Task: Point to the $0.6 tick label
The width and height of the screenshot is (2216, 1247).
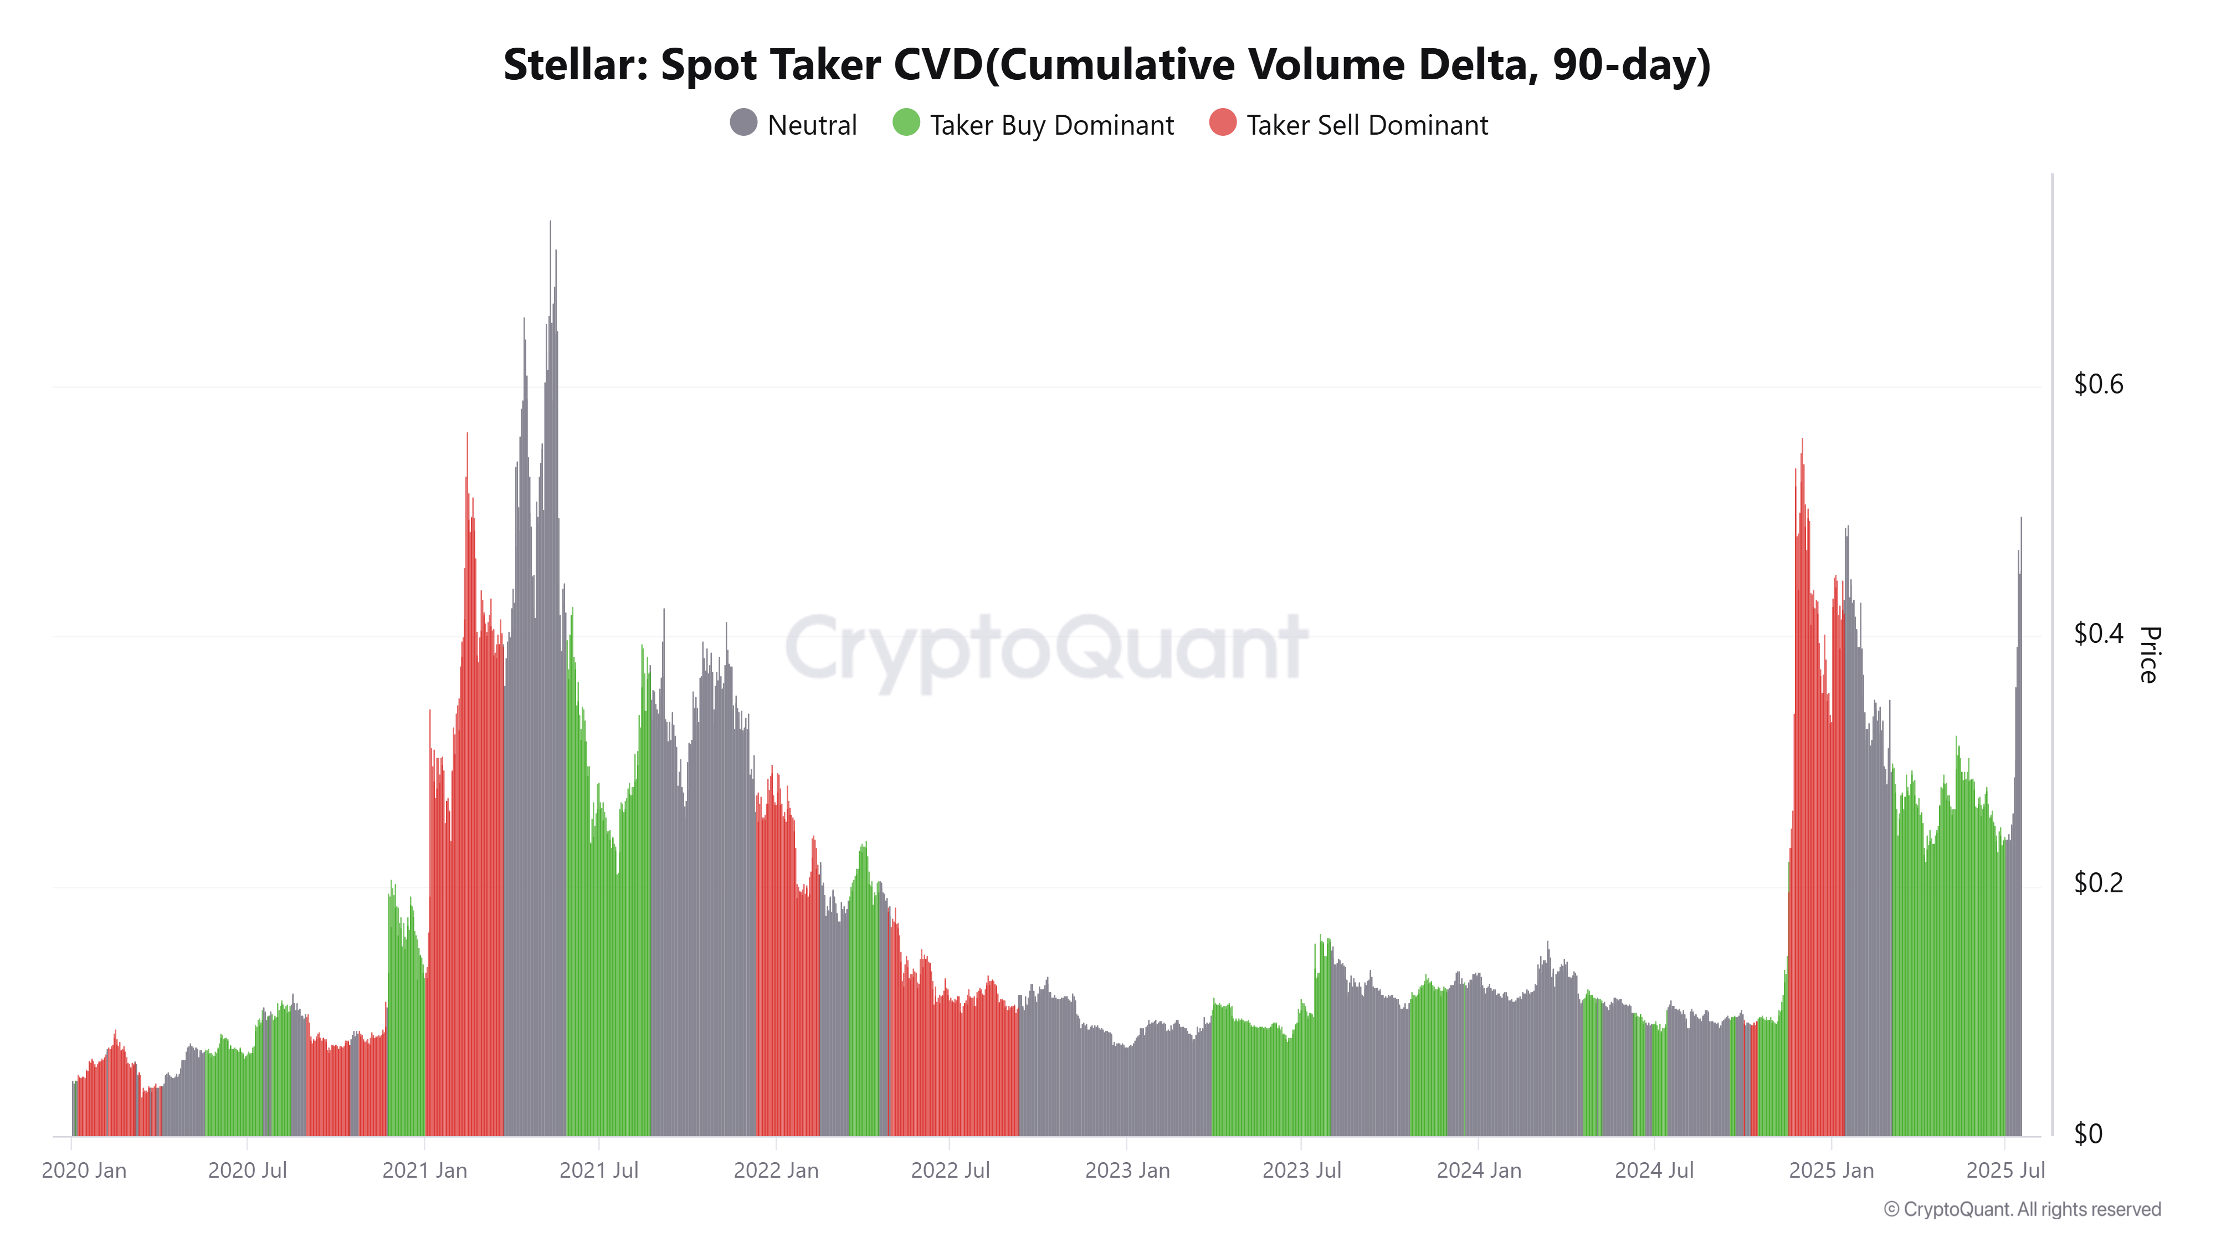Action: (x=2098, y=384)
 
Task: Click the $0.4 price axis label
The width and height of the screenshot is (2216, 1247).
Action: (x=2098, y=633)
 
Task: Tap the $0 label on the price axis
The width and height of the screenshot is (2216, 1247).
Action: (x=2088, y=1134)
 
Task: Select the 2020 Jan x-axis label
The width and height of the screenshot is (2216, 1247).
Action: (x=84, y=1171)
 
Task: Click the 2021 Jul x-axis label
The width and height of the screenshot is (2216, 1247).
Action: (x=599, y=1171)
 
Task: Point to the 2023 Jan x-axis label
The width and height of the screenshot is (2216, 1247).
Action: (x=1127, y=1171)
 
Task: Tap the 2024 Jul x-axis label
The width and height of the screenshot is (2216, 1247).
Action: (x=1653, y=1171)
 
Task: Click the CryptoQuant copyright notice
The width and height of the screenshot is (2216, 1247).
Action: (x=2022, y=1209)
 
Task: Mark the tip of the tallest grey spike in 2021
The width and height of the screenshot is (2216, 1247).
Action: (x=551, y=222)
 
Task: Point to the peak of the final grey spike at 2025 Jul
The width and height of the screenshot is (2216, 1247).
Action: (x=2021, y=518)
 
